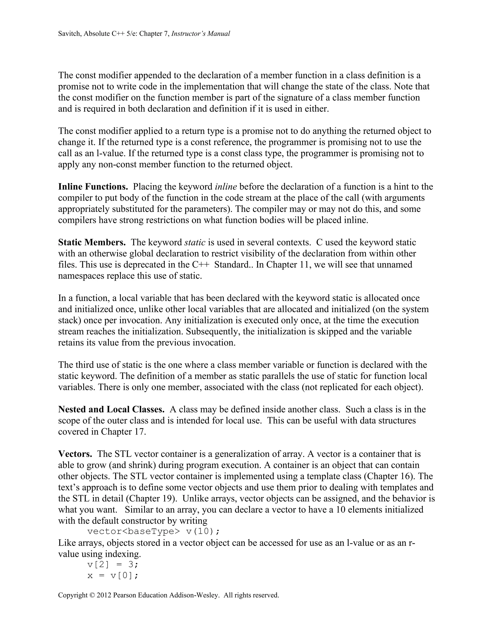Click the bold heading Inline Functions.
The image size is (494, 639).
click(x=93, y=187)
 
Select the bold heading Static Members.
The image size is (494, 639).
click(x=92, y=242)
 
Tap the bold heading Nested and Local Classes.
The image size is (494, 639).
click(x=111, y=409)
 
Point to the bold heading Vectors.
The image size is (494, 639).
click(x=75, y=454)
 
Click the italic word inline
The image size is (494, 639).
click(x=226, y=187)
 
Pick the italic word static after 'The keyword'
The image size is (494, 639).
click(x=195, y=242)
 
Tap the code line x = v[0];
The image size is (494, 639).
click(x=113, y=576)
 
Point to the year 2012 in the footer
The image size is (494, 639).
click(x=103, y=595)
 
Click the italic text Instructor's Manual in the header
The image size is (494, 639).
click(x=200, y=34)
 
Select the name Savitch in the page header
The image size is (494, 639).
click(x=70, y=34)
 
